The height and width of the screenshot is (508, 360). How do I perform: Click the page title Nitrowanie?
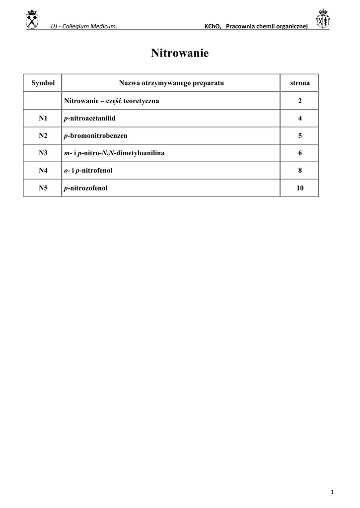tap(180, 54)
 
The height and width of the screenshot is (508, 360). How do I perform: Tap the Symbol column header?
tap(43, 83)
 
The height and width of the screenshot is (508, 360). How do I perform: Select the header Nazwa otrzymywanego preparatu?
tap(171, 83)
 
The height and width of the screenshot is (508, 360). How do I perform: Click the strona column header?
tap(300, 83)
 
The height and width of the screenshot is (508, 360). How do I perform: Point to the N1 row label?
tap(43, 119)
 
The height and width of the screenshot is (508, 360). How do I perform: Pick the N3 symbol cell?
tap(43, 153)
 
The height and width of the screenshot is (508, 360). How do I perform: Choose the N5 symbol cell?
tap(43, 188)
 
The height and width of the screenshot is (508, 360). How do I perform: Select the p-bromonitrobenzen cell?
tap(96, 136)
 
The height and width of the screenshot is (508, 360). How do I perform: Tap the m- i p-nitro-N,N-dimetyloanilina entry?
tap(114, 153)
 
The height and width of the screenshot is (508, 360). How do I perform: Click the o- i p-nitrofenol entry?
tap(88, 171)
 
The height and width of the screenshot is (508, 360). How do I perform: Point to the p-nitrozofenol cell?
tap(86, 188)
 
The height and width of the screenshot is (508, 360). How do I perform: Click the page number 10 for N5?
tap(300, 188)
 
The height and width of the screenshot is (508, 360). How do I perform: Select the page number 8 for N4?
tap(300, 171)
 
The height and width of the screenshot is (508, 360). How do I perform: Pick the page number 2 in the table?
tap(300, 101)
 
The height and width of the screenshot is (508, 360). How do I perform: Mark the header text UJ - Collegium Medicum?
tap(84, 26)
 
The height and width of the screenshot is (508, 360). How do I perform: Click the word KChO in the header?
tap(212, 26)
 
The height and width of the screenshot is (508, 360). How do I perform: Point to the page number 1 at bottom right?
tap(332, 492)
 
